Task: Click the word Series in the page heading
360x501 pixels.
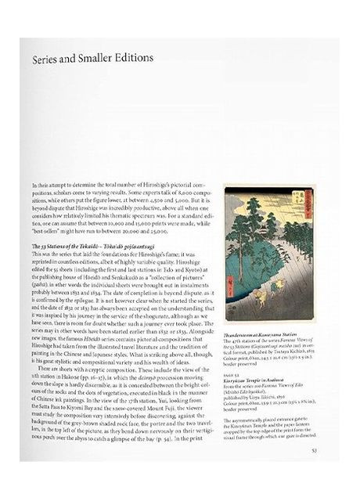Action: click(x=48, y=59)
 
